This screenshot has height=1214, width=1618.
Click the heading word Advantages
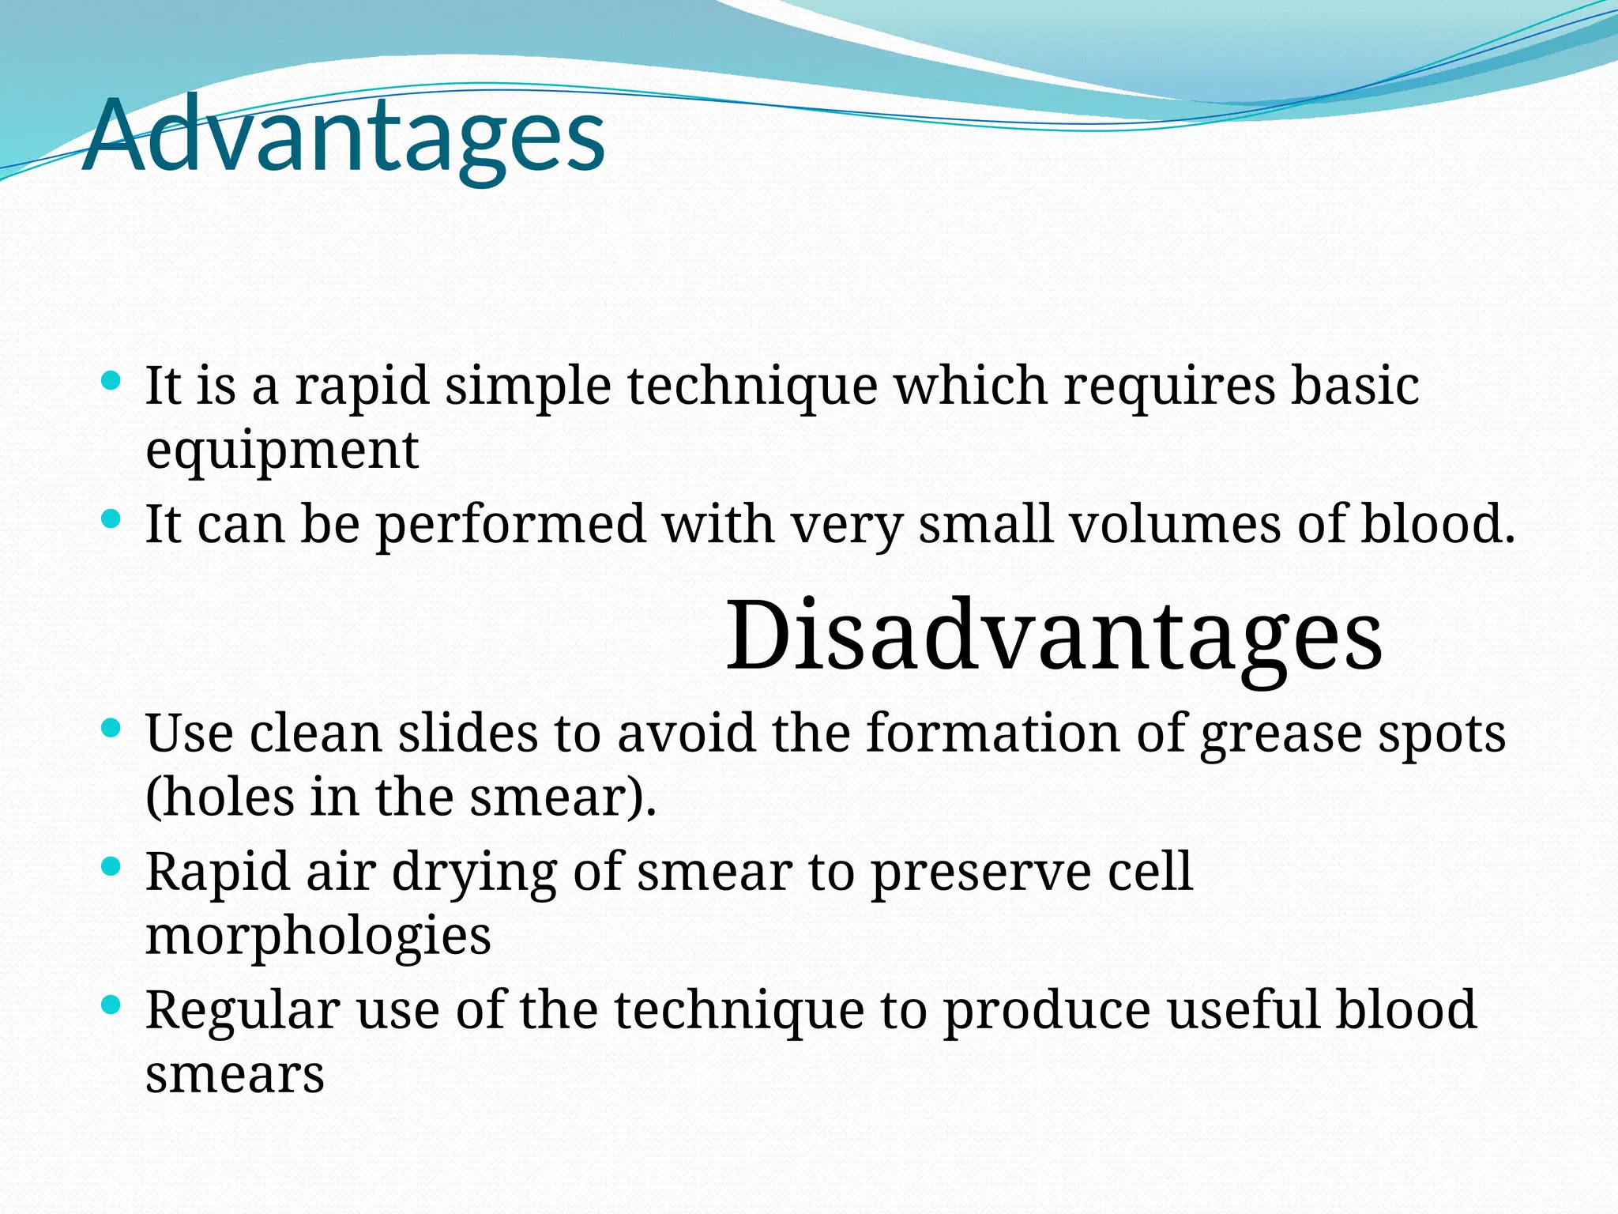pyautogui.click(x=344, y=136)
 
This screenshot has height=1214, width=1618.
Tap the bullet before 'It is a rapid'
pyautogui.click(x=111, y=382)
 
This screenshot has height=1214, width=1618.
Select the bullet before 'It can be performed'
pyautogui.click(x=111, y=520)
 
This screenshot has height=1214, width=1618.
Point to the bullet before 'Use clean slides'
pyautogui.click(x=111, y=728)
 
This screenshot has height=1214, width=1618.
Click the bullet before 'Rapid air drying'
pyautogui.click(x=111, y=867)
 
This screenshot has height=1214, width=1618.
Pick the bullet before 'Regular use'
pyautogui.click(x=111, y=1005)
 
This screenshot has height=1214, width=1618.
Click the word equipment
pyautogui.click(x=282, y=451)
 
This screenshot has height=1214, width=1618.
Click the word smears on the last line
pyautogui.click(x=235, y=1075)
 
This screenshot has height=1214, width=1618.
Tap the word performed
pyautogui.click(x=510, y=526)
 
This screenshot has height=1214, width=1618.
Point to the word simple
pyautogui.click(x=528, y=387)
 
